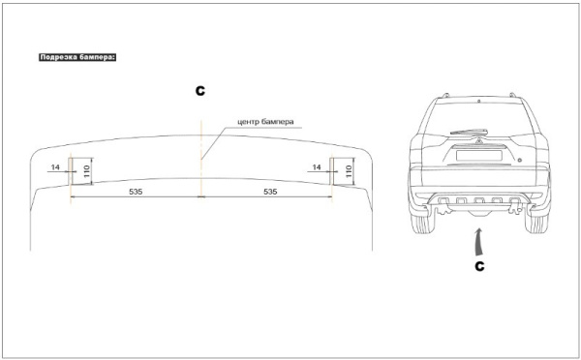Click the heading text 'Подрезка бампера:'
click(77, 58)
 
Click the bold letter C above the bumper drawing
click(200, 91)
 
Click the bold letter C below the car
click(479, 262)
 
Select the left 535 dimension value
click(136, 193)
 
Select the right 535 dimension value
click(270, 193)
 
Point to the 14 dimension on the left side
click(56, 167)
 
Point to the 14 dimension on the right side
click(318, 167)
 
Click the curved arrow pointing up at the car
click(478, 238)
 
